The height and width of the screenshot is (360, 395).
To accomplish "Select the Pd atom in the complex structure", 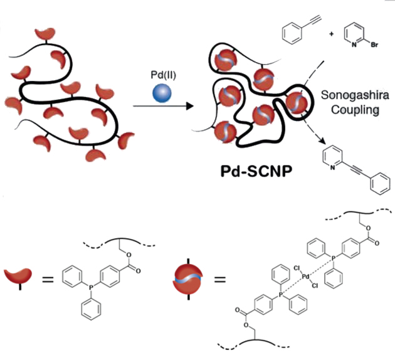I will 305,274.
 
